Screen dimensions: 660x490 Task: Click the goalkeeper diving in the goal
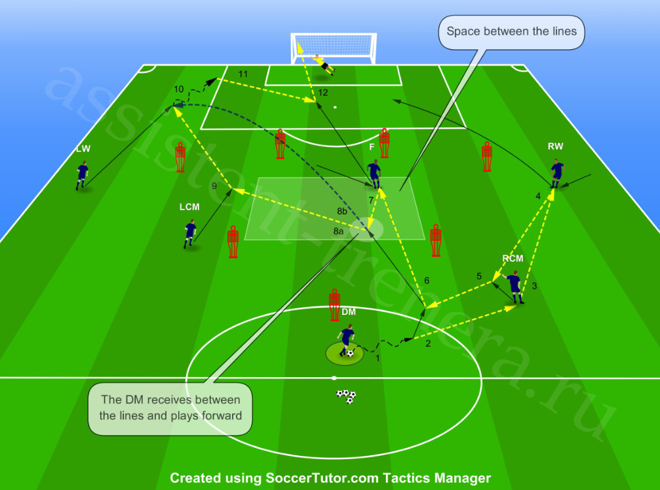coord(323,64)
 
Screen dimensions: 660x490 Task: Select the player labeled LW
coord(82,175)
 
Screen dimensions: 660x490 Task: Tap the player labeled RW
coord(557,173)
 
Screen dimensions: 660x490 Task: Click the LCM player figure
coord(190,234)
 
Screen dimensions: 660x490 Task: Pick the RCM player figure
coord(514,287)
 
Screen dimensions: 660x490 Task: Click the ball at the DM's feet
coord(350,353)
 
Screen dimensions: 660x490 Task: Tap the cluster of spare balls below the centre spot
coord(346,396)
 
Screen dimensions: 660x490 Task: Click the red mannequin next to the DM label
coord(334,305)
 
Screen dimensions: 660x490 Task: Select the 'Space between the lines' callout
coord(511,32)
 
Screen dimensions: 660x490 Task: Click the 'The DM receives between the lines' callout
coord(170,408)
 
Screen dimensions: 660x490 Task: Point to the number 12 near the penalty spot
coord(323,92)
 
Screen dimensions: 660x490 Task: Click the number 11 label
coord(243,74)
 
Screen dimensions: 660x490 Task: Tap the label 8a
coord(338,231)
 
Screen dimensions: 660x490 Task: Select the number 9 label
coord(214,186)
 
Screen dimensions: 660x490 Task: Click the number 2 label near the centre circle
coord(428,343)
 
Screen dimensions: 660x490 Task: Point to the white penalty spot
coord(335,107)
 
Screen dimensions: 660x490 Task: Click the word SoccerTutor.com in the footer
coord(322,478)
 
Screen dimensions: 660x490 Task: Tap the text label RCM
coord(513,258)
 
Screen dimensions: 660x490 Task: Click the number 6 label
coord(427,280)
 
